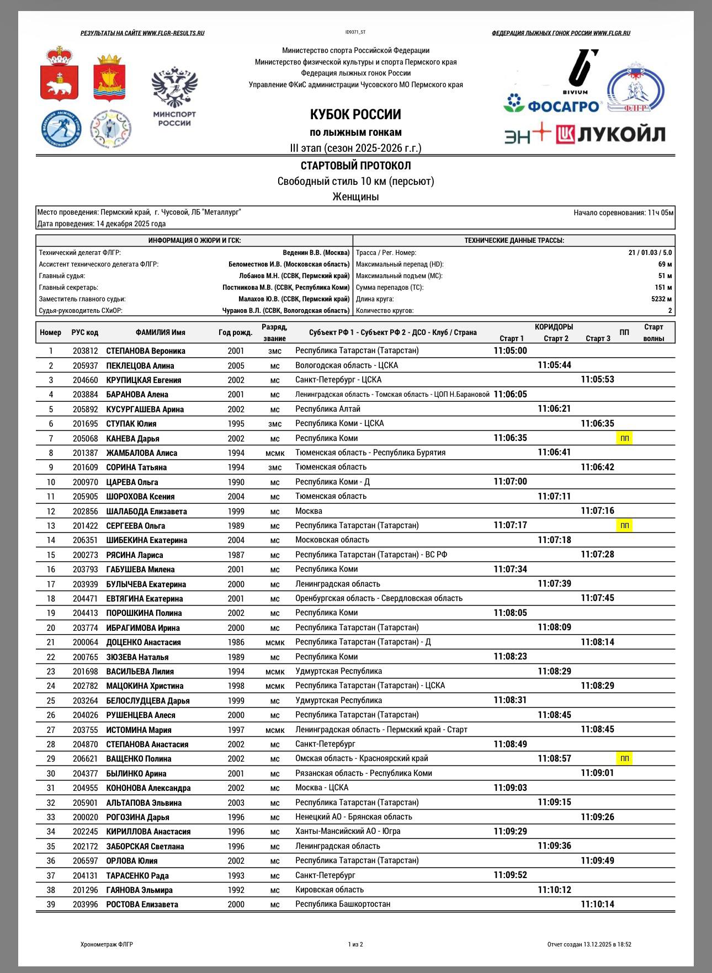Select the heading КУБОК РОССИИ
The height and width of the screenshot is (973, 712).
pyautogui.click(x=355, y=115)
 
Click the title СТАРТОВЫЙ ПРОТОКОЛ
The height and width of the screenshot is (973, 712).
pyautogui.click(x=355, y=166)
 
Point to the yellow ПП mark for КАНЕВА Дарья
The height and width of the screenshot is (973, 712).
pyautogui.click(x=624, y=438)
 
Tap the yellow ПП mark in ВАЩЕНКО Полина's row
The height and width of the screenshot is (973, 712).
pyautogui.click(x=624, y=758)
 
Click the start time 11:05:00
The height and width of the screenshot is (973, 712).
pyautogui.click(x=510, y=350)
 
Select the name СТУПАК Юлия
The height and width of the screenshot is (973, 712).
pyautogui.click(x=131, y=424)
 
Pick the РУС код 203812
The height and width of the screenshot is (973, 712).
pyautogui.click(x=85, y=351)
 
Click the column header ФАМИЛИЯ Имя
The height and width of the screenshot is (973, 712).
pyautogui.click(x=160, y=333)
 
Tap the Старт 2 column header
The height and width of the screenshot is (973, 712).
pyautogui.click(x=555, y=338)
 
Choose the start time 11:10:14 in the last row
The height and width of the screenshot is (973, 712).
pyautogui.click(x=597, y=904)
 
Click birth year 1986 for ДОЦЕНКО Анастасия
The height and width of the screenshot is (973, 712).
pyautogui.click(x=236, y=642)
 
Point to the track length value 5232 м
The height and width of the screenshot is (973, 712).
pyautogui.click(x=661, y=299)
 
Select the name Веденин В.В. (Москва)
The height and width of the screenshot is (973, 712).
pyautogui.click(x=316, y=253)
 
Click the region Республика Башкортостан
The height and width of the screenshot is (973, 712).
pyautogui.click(x=343, y=904)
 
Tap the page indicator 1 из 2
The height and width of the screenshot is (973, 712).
pyautogui.click(x=355, y=944)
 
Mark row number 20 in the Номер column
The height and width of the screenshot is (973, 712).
pyautogui.click(x=51, y=628)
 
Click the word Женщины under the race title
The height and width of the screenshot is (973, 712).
pyautogui.click(x=355, y=196)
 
